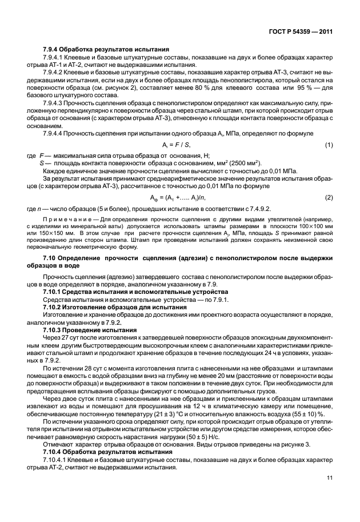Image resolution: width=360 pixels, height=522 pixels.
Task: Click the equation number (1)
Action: point(329,145)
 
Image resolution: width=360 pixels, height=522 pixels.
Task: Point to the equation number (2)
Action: point(329,198)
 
